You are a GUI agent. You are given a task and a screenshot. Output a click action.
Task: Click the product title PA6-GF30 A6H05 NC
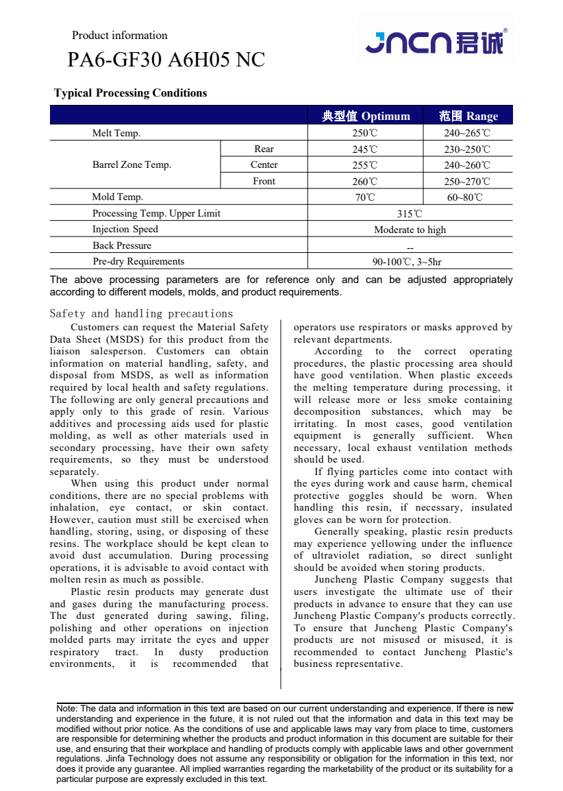[x=166, y=60]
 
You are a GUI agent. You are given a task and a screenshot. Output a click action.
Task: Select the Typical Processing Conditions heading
[x=130, y=93]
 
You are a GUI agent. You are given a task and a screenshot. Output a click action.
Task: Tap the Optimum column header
[x=366, y=116]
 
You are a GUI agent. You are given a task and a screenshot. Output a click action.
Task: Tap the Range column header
[x=468, y=116]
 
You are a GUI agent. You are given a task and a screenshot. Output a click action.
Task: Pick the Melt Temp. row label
[x=116, y=133]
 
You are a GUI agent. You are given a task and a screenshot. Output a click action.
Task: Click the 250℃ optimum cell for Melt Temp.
[x=364, y=133]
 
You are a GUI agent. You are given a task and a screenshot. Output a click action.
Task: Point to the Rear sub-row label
[x=264, y=149]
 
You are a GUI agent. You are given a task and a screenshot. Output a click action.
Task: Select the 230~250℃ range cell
[x=467, y=149]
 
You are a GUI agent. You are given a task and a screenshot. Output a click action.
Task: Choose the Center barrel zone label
[x=264, y=165]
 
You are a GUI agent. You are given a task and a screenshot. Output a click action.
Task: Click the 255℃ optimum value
[x=364, y=165]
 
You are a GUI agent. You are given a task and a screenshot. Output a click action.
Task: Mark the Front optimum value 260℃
[x=364, y=182]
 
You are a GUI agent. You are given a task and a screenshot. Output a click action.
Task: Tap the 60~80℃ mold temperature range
[x=465, y=197]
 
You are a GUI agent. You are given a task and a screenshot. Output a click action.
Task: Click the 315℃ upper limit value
[x=410, y=214]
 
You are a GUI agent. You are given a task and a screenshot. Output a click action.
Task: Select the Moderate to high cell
[x=410, y=230]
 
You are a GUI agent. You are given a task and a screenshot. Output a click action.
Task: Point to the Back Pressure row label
[x=122, y=245]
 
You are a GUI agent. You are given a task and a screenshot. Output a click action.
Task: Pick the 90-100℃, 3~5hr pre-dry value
[x=407, y=262]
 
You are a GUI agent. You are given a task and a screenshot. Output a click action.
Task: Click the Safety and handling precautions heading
[x=141, y=314]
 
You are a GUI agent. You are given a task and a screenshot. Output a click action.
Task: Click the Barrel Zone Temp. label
[x=132, y=165]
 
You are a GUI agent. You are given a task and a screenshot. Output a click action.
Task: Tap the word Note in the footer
[x=66, y=708]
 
